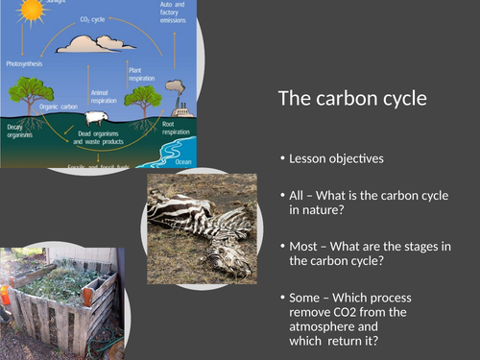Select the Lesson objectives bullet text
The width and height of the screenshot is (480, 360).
(x=335, y=157)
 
